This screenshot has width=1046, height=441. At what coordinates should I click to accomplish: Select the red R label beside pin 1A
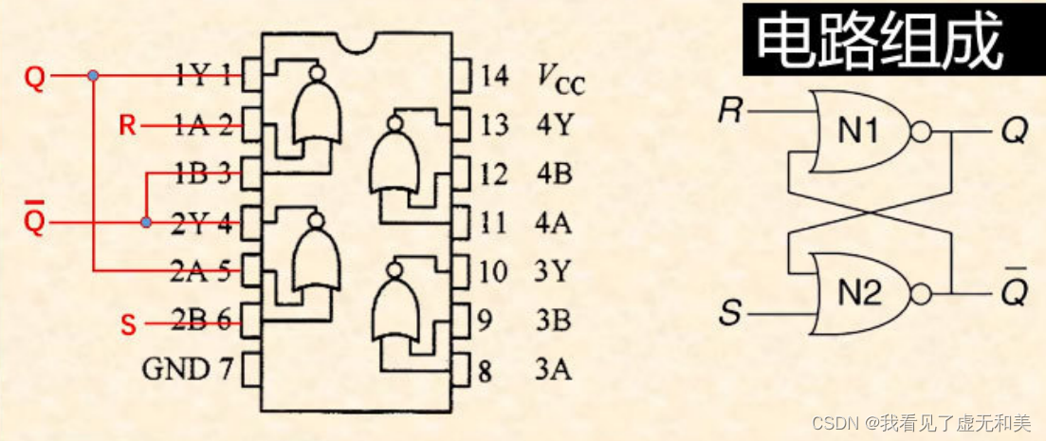[128, 124]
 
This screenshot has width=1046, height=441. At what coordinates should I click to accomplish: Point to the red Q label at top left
[34, 77]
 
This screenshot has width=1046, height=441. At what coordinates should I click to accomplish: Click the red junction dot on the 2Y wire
[145, 223]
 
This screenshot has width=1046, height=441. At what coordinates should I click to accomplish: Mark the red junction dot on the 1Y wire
[92, 75]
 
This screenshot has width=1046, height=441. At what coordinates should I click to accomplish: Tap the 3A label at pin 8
[553, 369]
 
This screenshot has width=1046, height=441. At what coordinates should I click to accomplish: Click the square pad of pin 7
[251, 368]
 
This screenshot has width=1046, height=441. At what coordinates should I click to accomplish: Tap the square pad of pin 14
[462, 74]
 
